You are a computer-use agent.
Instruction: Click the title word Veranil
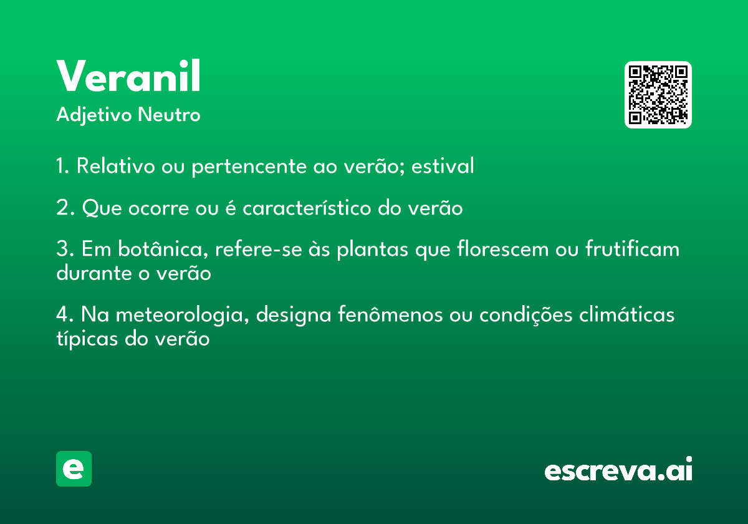(x=128, y=75)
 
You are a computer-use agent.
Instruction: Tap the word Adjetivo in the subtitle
(x=94, y=115)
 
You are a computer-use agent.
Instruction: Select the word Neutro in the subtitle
(x=169, y=115)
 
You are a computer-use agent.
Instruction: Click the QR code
(x=658, y=95)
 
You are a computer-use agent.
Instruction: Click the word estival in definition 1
(x=443, y=165)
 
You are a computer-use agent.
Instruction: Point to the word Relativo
(x=115, y=165)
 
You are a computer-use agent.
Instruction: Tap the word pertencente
(x=249, y=167)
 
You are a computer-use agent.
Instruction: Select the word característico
(x=307, y=208)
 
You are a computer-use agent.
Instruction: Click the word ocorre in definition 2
(x=158, y=209)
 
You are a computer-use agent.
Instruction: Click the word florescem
(x=502, y=249)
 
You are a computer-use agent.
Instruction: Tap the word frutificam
(x=632, y=249)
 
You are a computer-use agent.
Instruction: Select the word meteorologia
(x=182, y=315)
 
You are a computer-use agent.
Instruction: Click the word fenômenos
(x=390, y=314)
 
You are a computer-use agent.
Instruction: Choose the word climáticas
(x=626, y=314)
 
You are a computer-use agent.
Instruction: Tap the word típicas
(x=87, y=339)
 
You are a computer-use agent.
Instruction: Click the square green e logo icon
(x=74, y=468)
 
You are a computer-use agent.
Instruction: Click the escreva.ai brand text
(x=618, y=469)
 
